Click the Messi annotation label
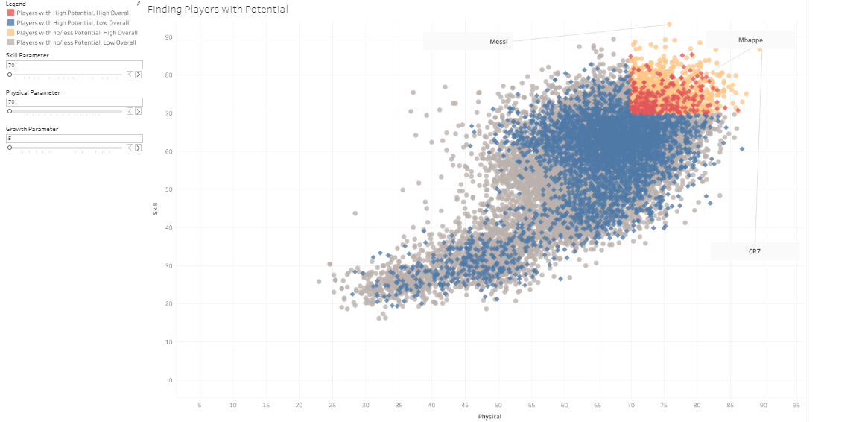(498, 42)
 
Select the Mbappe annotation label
(750, 40)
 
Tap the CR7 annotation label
(755, 252)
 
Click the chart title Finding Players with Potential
(218, 10)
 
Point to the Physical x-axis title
(489, 416)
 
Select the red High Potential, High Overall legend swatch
(10, 13)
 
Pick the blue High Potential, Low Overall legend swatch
(10, 23)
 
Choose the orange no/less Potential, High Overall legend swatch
(10, 33)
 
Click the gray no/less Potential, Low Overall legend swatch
(10, 42)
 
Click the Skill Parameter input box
(74, 66)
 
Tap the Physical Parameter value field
(74, 102)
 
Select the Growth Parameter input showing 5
(74, 139)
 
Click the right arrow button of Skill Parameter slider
(138, 75)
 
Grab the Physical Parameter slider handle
(10, 111)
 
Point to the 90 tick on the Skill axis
(169, 37)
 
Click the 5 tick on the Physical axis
(200, 405)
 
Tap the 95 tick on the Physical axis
(796, 405)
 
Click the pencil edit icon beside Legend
(139, 4)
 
